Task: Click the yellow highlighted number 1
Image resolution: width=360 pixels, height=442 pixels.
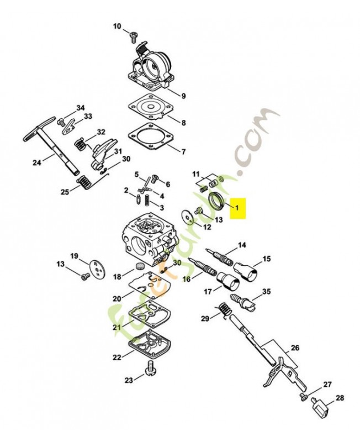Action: click(237, 208)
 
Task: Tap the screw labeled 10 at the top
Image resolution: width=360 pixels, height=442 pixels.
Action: click(133, 38)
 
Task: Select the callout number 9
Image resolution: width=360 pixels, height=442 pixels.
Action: click(183, 96)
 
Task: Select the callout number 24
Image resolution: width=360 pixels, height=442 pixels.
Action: click(36, 162)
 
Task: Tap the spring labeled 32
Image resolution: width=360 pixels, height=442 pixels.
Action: click(81, 143)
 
